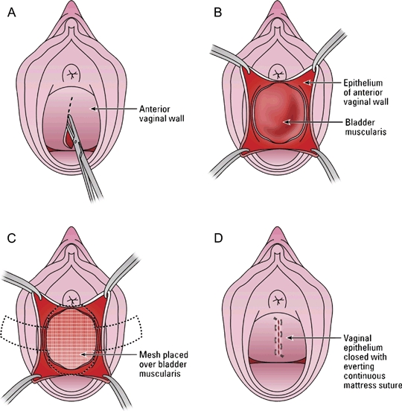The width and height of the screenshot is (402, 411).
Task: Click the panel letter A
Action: (11, 13)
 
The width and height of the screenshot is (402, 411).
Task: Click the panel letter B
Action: (218, 13)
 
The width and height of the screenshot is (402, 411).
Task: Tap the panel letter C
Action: (11, 238)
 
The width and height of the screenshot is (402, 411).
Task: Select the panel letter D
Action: (218, 238)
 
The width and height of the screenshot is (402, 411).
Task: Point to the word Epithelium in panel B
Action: (363, 83)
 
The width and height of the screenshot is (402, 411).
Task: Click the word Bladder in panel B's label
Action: (360, 122)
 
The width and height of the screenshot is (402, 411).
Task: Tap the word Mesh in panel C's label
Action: (149, 354)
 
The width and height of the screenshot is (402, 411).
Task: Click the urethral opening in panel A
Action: (71, 74)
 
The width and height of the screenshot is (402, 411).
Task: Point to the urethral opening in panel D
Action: (278, 299)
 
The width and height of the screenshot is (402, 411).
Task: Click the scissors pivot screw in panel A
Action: (76, 141)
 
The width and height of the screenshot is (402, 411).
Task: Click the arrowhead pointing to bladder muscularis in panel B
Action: (287, 122)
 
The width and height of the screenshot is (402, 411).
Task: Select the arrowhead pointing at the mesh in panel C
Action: (83, 354)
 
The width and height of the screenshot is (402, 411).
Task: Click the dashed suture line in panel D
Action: (278, 337)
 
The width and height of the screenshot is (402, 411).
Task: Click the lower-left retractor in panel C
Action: (19, 388)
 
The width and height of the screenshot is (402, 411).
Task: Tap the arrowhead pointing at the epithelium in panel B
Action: (307, 83)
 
